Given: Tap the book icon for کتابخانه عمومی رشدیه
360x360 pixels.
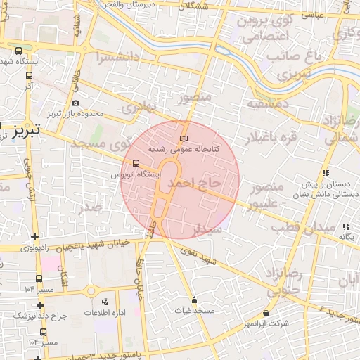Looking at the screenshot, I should [x=185, y=138].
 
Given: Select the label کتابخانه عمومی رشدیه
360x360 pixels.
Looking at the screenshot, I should [x=184, y=150].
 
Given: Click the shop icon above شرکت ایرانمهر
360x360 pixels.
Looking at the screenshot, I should [x=266, y=313].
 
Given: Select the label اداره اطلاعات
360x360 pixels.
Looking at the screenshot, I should [x=105, y=311].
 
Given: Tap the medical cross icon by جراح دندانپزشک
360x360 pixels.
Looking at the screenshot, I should [x=41, y=304].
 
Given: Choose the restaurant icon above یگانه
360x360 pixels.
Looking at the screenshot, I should [x=345, y=226].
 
